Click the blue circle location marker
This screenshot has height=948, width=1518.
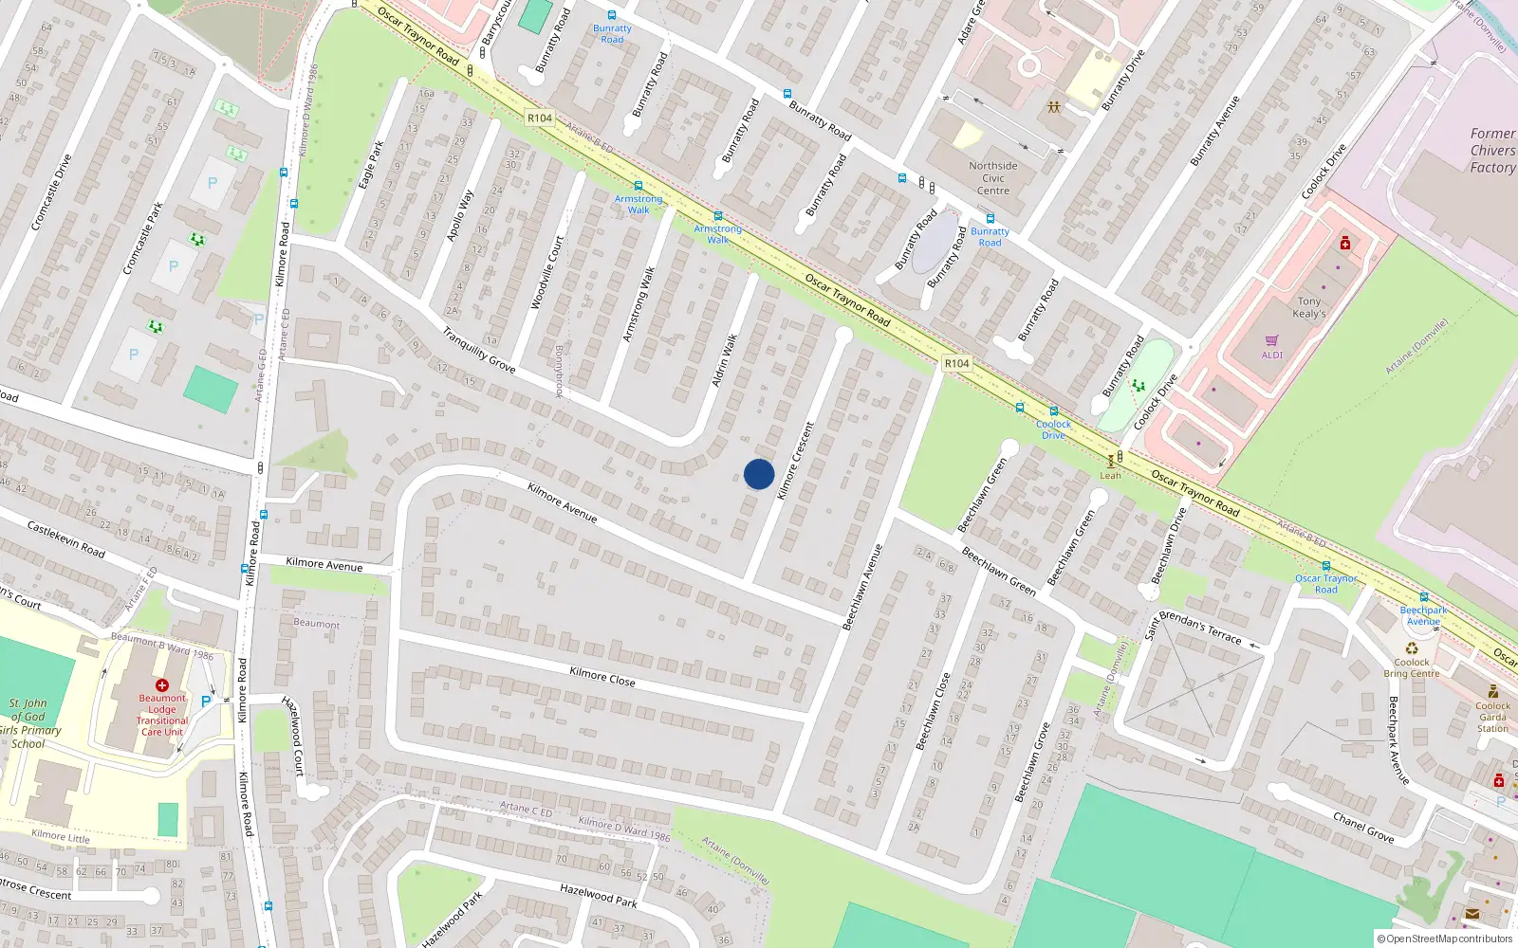(x=759, y=474)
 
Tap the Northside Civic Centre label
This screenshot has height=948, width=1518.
(x=993, y=178)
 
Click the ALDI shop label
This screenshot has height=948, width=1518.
(x=1271, y=355)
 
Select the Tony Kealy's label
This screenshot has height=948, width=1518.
(x=1309, y=307)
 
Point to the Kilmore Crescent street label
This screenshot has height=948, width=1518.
(x=795, y=461)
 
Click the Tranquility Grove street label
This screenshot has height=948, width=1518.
(x=479, y=350)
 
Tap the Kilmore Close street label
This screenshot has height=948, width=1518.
(x=602, y=676)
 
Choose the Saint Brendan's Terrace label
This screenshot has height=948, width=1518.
(x=1194, y=626)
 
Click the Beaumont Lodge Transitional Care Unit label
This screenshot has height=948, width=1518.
(x=162, y=714)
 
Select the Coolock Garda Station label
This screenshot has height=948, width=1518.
(x=1492, y=717)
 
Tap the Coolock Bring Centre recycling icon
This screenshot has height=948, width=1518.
(x=1412, y=648)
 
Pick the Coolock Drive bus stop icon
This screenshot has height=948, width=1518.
(x=1053, y=411)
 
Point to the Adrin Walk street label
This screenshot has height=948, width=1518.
(x=725, y=360)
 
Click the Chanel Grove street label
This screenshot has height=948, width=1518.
(x=1363, y=828)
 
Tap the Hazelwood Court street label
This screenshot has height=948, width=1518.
(x=293, y=736)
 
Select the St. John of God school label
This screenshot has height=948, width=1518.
(x=30, y=723)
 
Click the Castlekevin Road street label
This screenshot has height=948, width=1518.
(x=65, y=538)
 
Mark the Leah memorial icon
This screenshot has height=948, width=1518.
(x=1110, y=462)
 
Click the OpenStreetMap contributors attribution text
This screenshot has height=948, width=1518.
(x=1445, y=939)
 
